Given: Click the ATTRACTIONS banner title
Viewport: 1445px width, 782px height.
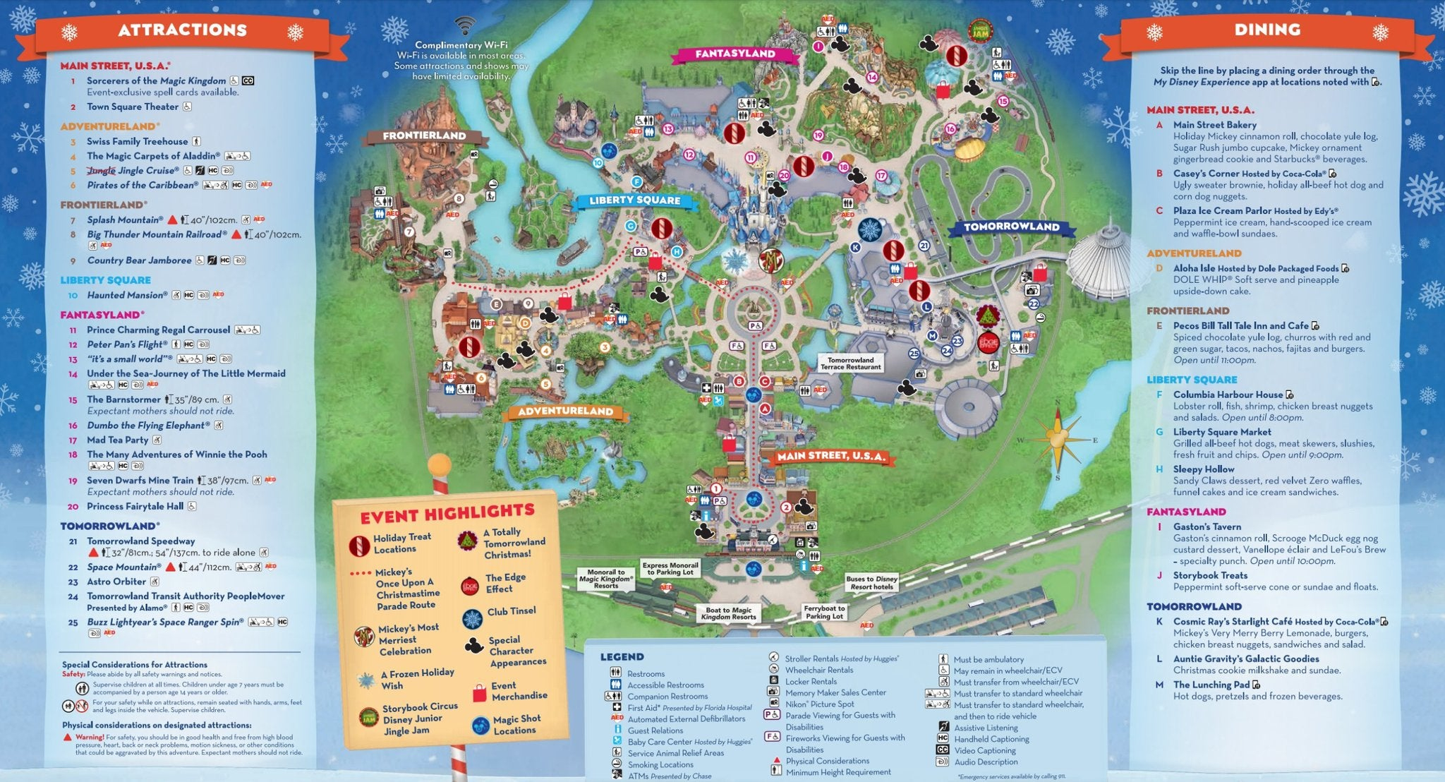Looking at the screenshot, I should [182, 30].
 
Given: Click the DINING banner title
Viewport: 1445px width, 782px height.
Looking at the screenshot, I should [1267, 30].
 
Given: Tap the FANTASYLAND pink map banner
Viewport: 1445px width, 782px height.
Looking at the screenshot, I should [734, 54].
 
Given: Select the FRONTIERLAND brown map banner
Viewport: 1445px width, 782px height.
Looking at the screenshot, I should [424, 136].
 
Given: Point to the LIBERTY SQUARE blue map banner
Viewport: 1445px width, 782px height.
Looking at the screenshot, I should [635, 200].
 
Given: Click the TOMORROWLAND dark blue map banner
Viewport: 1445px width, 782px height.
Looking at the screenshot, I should [1011, 227].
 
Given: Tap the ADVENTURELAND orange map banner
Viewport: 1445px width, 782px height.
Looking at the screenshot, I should [565, 411].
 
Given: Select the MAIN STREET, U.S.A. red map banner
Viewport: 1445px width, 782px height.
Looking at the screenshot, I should [830, 456].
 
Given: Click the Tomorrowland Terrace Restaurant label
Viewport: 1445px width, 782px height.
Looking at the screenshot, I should [850, 363].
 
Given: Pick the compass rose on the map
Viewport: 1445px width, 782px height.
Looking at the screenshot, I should [1057, 438].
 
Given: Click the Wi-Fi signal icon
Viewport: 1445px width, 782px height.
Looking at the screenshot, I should [464, 26].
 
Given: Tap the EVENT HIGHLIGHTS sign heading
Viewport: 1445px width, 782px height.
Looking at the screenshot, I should [447, 513].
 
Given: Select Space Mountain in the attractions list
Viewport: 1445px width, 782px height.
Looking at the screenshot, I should [123, 567].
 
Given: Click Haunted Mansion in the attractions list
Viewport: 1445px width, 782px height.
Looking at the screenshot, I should [127, 295].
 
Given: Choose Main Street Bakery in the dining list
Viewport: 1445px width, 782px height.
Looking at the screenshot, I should [1214, 125].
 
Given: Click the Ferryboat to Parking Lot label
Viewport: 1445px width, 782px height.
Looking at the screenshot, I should [824, 612].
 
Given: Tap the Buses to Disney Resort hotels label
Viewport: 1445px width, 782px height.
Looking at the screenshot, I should [871, 582].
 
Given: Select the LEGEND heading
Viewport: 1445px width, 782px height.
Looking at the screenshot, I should [622, 657].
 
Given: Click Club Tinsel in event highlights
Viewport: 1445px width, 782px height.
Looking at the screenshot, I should [511, 611].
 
